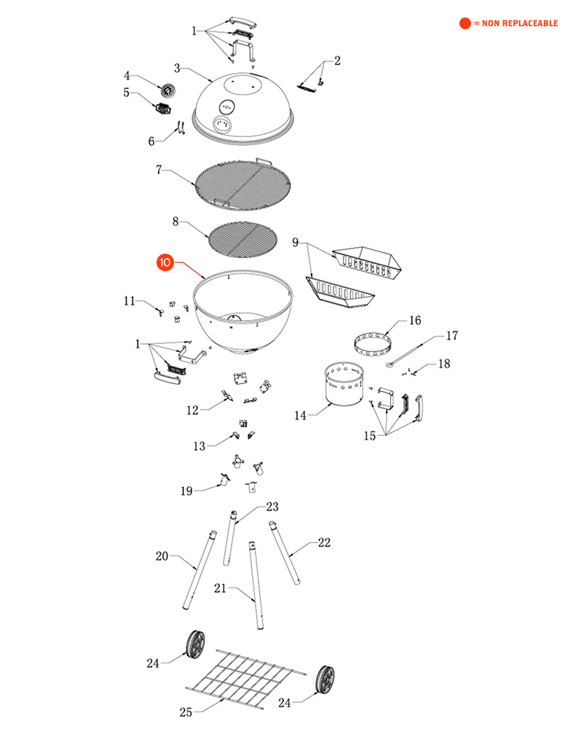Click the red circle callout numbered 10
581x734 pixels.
(x=165, y=262)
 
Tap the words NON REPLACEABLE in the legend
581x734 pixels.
(x=520, y=23)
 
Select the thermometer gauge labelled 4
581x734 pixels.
(x=167, y=90)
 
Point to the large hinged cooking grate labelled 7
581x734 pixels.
(x=242, y=184)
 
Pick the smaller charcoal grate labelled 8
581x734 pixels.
(x=242, y=239)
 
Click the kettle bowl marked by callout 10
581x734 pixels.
(x=243, y=311)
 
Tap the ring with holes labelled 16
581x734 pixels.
(x=373, y=344)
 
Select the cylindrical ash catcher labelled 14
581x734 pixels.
(x=344, y=383)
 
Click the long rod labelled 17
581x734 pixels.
(x=405, y=355)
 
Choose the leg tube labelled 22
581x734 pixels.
(x=284, y=553)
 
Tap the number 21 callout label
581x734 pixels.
(x=220, y=588)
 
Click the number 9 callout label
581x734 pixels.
(x=296, y=243)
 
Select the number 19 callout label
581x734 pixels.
(x=186, y=491)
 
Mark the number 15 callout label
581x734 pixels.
(x=370, y=436)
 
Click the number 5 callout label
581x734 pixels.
(x=126, y=93)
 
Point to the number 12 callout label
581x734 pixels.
(x=193, y=410)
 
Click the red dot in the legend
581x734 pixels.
(x=465, y=23)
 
